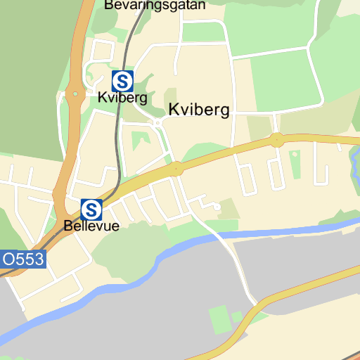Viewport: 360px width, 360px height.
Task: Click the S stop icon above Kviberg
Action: tap(122, 81)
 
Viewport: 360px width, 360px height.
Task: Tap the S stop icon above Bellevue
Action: tap(91, 209)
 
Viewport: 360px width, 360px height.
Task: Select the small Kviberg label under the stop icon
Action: tap(122, 98)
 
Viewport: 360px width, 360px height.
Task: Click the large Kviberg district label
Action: tap(199, 110)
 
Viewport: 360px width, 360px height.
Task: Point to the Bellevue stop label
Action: tap(91, 226)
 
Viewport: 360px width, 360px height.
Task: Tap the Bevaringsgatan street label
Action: tap(155, 5)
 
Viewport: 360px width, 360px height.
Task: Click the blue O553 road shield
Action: tap(22, 259)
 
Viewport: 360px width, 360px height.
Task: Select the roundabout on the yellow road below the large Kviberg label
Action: tap(176, 169)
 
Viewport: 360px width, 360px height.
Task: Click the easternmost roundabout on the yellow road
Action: tap(277, 140)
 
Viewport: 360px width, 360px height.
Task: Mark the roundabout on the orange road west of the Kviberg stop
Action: tap(74, 92)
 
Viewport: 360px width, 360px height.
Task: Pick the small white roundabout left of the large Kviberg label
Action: tap(158, 122)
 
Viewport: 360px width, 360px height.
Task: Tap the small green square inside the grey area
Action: tap(220, 319)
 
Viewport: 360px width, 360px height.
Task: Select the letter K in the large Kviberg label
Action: tap(174, 110)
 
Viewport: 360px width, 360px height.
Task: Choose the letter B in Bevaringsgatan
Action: tap(109, 5)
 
